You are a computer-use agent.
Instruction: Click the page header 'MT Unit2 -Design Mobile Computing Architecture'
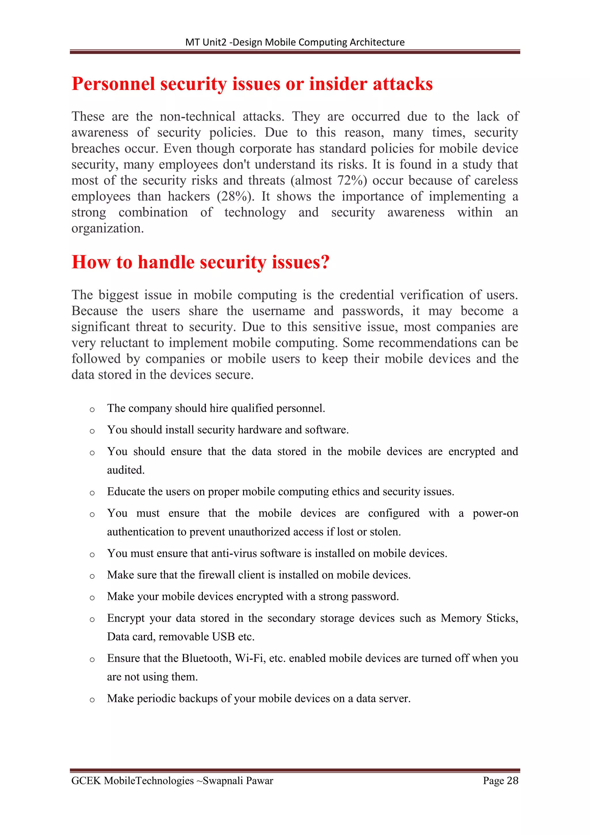coord(295,42)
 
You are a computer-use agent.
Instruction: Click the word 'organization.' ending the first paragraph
coord(107,228)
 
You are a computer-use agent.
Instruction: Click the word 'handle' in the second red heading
coord(166,262)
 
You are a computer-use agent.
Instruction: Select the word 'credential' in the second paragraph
coord(366,295)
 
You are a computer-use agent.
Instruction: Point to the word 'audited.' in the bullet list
coord(126,470)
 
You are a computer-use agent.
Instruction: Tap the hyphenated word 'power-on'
coord(495,513)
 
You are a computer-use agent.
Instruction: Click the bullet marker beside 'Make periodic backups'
coord(92,700)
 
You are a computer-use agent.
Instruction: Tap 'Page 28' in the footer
coord(500,781)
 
